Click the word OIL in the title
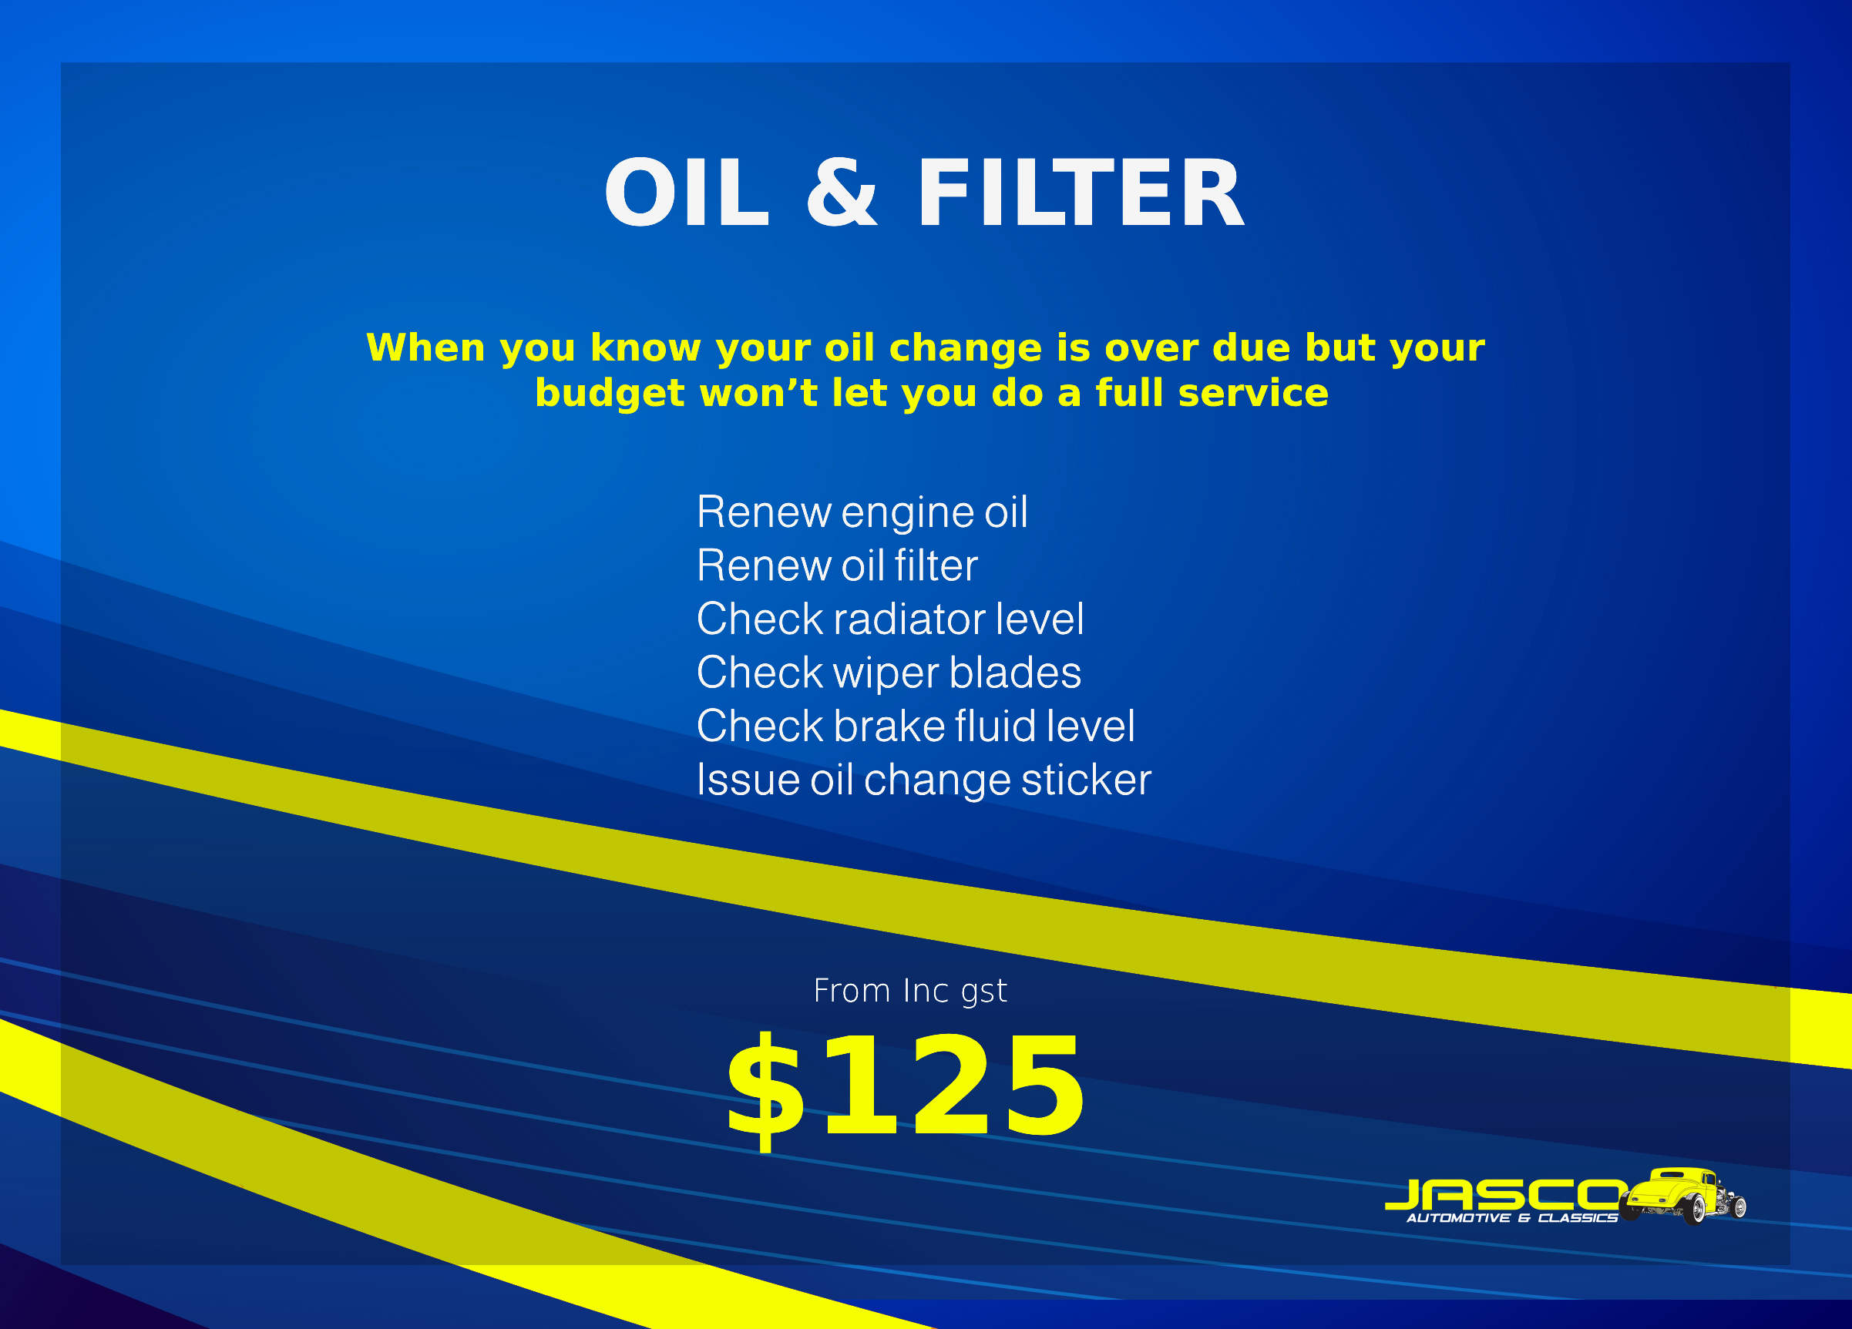coord(687,193)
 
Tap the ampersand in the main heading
coord(842,193)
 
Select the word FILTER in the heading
coord(1081,193)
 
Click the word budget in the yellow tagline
coord(609,394)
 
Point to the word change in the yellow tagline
coord(965,348)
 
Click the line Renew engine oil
coord(862,512)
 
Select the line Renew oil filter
coord(837,565)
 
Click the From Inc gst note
coord(909,992)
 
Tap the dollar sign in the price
coord(765,1091)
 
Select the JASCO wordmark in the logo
coord(1504,1196)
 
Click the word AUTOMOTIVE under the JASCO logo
coord(1458,1219)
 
